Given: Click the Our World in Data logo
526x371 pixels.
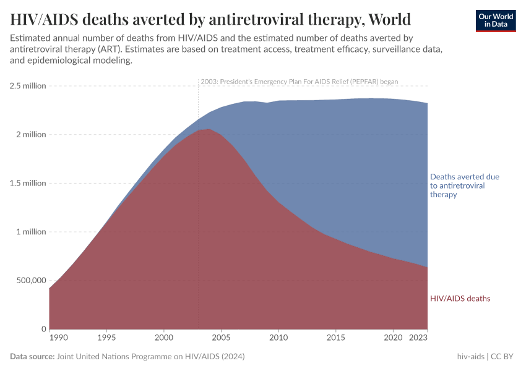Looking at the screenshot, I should click(x=495, y=20).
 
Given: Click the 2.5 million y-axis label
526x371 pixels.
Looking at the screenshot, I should click(x=27, y=86).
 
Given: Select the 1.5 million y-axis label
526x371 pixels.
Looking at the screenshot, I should click(x=27, y=183).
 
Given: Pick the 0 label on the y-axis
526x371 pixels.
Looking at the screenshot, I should click(x=43, y=329).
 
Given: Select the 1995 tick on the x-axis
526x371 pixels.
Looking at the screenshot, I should click(x=106, y=338).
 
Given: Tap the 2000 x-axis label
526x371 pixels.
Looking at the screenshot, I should click(x=163, y=338).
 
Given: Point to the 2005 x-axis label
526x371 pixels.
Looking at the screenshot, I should click(x=221, y=338).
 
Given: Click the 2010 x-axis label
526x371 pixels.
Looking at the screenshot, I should click(x=278, y=338).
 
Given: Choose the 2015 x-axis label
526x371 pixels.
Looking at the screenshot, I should click(x=335, y=338).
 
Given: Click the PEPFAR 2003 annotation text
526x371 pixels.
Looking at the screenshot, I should click(x=299, y=82).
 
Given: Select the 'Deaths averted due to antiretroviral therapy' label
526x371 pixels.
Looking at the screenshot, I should click(x=464, y=185).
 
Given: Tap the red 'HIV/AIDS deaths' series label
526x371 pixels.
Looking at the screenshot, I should click(x=460, y=299).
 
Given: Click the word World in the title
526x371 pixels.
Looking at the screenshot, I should click(x=388, y=19).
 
